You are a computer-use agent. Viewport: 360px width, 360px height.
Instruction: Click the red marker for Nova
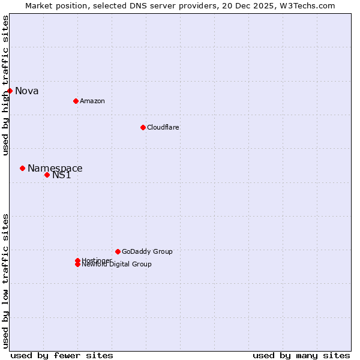tap(10, 91)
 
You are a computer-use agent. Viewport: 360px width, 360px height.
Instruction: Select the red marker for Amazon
tap(76, 101)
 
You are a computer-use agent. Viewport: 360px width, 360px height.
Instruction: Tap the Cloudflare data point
tap(143, 127)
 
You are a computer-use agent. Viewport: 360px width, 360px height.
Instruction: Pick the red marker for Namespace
tap(22, 168)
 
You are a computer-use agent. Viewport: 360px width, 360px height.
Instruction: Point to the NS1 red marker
tap(47, 175)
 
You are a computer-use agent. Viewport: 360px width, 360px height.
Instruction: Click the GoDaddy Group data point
tap(118, 251)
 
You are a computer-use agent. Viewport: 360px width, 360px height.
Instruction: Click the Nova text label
tap(27, 91)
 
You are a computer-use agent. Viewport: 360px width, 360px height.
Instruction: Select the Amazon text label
tap(92, 101)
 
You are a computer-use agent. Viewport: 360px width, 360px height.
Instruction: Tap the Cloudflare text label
tap(163, 127)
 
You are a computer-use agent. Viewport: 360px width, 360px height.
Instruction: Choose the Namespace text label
tap(55, 169)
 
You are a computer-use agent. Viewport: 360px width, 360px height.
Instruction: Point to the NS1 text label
tap(62, 175)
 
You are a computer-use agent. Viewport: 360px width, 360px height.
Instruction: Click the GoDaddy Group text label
tap(147, 251)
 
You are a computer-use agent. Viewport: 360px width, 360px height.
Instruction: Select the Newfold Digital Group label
tap(117, 265)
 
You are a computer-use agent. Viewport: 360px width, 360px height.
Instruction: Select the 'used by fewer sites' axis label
tap(62, 355)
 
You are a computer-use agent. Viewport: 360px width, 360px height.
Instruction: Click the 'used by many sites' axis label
tap(301, 355)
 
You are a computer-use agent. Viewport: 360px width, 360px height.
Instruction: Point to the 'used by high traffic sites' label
tap(5, 85)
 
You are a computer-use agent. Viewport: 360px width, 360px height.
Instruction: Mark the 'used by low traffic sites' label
tap(5, 281)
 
